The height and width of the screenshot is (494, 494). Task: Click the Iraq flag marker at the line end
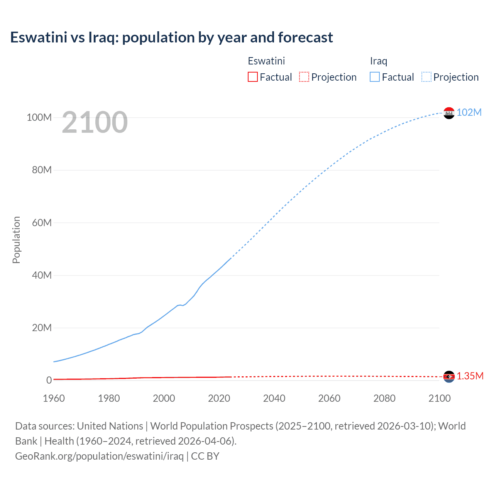tap(449, 113)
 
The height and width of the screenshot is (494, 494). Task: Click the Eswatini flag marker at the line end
tap(449, 376)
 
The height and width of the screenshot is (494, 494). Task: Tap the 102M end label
tap(469, 112)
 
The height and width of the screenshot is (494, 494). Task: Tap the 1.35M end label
tap(470, 376)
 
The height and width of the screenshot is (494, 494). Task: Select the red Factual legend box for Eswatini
tap(253, 77)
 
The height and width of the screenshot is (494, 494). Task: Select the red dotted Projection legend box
tap(304, 77)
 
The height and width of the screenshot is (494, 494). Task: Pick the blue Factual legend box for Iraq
tap(375, 77)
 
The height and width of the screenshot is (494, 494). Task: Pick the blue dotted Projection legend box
tap(426, 77)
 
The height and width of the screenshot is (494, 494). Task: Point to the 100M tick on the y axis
tap(39, 117)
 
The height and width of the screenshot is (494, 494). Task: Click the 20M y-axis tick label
tap(42, 328)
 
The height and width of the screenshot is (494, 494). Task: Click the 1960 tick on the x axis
tap(54, 398)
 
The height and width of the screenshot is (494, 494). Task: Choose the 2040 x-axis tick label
tap(274, 398)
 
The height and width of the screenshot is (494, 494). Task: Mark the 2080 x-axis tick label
tap(384, 398)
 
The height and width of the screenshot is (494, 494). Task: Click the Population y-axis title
tap(16, 240)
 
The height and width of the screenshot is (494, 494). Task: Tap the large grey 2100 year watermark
tap(95, 122)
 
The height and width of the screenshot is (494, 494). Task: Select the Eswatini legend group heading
tap(266, 61)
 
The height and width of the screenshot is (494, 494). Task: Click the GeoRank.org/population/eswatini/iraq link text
tap(99, 456)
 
